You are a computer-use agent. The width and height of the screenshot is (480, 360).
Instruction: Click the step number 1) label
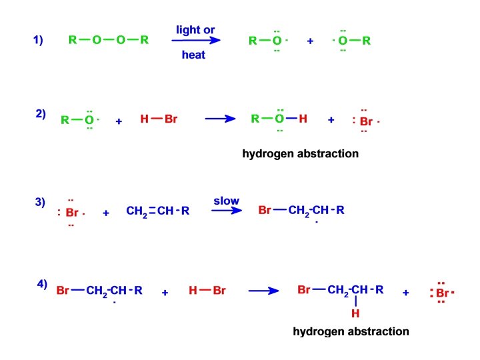click(x=38, y=40)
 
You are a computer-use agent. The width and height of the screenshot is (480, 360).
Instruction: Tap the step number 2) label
click(x=41, y=113)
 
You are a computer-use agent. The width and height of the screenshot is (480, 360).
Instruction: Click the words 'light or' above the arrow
click(x=195, y=30)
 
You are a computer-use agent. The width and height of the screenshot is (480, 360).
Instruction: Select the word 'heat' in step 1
click(x=193, y=55)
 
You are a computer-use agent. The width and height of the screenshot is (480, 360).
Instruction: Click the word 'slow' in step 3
click(x=226, y=201)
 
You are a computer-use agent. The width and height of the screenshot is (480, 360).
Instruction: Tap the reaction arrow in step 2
click(x=221, y=119)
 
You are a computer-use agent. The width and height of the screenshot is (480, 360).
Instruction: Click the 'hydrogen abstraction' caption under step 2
click(x=300, y=154)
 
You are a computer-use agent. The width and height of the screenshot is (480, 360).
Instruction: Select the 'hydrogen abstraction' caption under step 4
click(x=351, y=331)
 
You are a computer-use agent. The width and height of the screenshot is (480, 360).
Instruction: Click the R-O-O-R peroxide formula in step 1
click(x=109, y=40)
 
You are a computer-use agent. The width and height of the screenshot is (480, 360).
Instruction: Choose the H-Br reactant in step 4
click(x=207, y=291)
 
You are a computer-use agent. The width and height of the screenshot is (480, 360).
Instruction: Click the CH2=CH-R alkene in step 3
click(x=158, y=211)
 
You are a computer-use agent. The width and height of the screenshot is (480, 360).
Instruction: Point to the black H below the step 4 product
click(x=355, y=313)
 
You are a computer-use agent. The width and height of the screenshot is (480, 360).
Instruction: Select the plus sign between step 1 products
click(x=310, y=41)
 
